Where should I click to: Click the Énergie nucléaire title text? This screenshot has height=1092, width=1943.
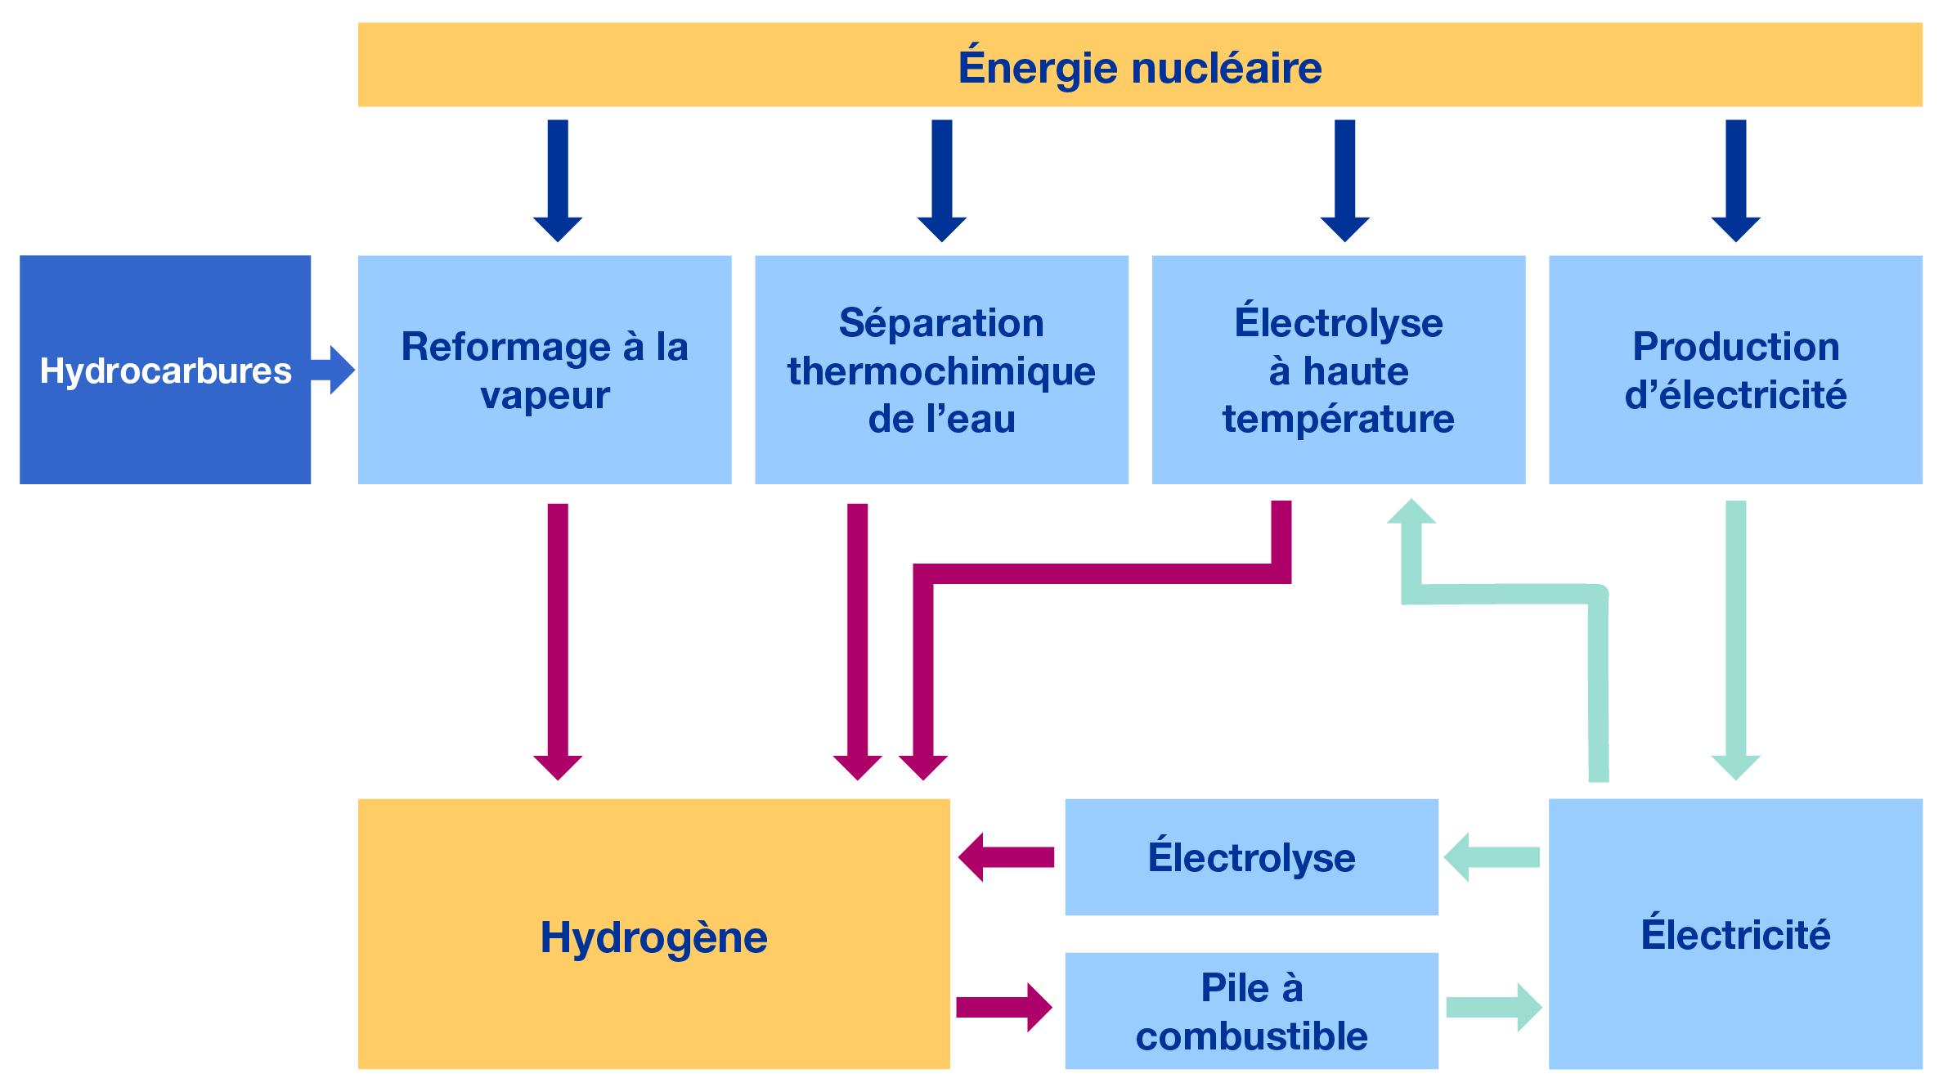(1139, 67)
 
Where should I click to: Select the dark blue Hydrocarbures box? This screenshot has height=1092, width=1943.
(164, 371)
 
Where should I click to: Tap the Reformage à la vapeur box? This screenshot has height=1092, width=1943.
(545, 371)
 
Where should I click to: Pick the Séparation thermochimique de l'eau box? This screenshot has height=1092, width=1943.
(941, 371)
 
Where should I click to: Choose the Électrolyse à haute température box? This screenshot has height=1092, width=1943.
(1338, 371)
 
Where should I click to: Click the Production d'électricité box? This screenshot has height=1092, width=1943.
(1735, 371)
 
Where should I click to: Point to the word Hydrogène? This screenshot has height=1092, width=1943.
(653, 937)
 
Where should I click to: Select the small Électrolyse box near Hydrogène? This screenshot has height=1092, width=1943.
(1251, 857)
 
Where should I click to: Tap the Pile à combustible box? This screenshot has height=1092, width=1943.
(1251, 1011)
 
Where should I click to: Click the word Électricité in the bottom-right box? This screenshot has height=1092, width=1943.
(1735, 934)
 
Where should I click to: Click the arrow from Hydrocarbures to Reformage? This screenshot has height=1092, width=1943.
(334, 370)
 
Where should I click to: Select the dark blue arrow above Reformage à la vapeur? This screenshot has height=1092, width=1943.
(558, 180)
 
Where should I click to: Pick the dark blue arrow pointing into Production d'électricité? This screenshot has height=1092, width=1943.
(1735, 180)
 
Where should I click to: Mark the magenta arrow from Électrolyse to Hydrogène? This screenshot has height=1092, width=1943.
(1006, 857)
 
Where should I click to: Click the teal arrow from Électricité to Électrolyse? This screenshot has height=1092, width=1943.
(1492, 857)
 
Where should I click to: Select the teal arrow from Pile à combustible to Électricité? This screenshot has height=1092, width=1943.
(1493, 1008)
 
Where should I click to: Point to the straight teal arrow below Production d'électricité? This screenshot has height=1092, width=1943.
(1735, 638)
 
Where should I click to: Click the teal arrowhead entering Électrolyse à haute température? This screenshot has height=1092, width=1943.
(1411, 514)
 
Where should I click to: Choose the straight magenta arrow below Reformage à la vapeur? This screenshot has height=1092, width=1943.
(558, 638)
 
